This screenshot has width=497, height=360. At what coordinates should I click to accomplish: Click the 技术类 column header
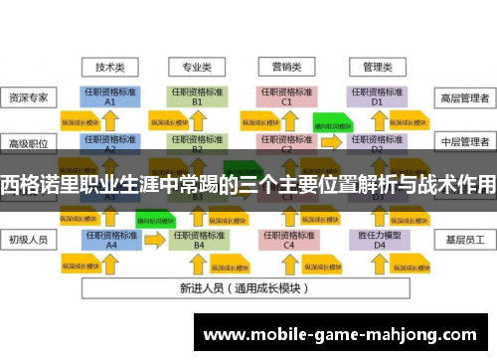110,68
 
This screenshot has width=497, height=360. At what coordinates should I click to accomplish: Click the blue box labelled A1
110,96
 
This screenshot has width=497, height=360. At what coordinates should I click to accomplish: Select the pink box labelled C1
286,96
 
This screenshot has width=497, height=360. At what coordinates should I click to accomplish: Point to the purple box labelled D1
378,96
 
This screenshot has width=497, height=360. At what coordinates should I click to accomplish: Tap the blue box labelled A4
110,240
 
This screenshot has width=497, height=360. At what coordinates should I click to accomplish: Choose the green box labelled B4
199,240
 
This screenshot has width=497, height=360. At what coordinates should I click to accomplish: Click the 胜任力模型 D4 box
378,240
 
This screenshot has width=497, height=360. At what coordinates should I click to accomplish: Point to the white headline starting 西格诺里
248,183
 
